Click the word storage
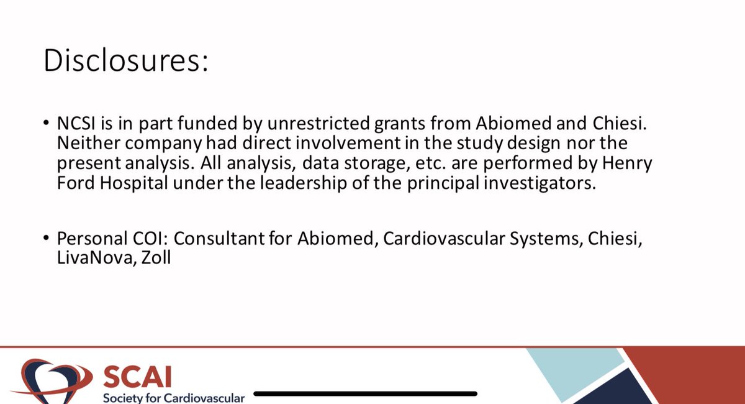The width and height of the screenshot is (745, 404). [412, 165]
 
